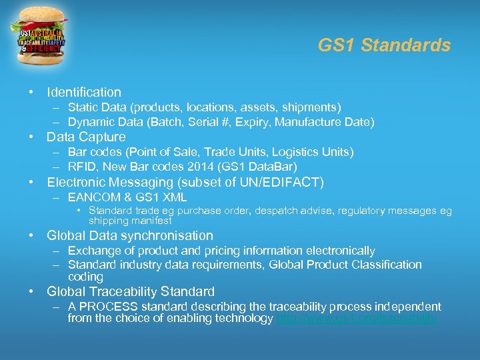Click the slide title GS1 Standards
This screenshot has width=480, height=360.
384,45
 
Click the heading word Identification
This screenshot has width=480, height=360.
84,92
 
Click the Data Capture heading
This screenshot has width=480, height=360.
86,137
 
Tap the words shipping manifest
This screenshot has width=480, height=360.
130,221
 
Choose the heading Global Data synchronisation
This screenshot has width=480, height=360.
130,235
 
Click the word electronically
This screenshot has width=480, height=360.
340,251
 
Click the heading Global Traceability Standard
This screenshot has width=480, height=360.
131,291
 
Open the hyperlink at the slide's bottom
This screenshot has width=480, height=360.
357,319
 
